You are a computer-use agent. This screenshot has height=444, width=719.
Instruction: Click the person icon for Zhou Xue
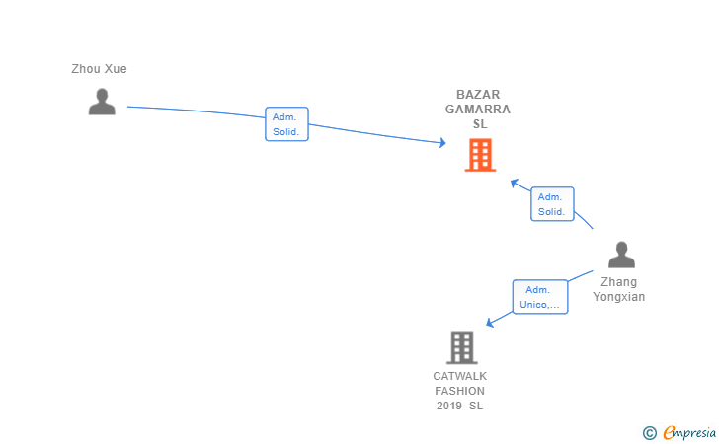pos(102,102)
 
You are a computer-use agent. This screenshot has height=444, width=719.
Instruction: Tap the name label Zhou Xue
pos(99,69)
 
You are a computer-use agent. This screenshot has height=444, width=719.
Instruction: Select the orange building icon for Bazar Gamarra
pos(480,155)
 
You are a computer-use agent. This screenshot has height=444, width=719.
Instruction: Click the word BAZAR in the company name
pos(478,95)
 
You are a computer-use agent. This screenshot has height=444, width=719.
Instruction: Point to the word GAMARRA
pos(478,110)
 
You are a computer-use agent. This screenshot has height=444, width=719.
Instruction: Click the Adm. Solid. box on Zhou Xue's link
pos(286,124)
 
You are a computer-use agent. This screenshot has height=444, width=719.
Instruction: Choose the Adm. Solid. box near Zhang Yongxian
pos(552,204)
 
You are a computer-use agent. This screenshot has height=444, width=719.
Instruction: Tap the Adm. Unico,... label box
pos(540,297)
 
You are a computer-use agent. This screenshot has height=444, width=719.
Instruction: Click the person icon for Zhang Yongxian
pos(621,255)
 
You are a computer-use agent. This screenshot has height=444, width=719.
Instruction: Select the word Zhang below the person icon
pos(618,282)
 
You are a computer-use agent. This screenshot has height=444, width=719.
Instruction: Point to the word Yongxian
pos(618,296)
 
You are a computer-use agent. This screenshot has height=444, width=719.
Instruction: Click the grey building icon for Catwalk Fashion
pos(462,347)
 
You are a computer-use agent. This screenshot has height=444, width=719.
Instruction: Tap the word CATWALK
pos(460,376)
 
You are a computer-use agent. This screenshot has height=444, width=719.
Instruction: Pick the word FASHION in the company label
pos(460,391)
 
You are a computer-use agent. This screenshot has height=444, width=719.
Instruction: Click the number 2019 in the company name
pos(449,406)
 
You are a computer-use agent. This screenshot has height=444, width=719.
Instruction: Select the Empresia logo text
pos(689,432)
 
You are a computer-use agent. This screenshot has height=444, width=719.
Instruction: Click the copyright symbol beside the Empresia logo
pos(649,433)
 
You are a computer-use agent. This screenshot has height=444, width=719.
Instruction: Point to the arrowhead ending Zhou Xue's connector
pos(442,143)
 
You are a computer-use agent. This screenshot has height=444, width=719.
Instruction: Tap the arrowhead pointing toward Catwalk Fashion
pos(490,323)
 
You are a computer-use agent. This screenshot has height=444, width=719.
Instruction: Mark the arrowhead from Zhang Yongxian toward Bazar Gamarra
pos(515,183)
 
